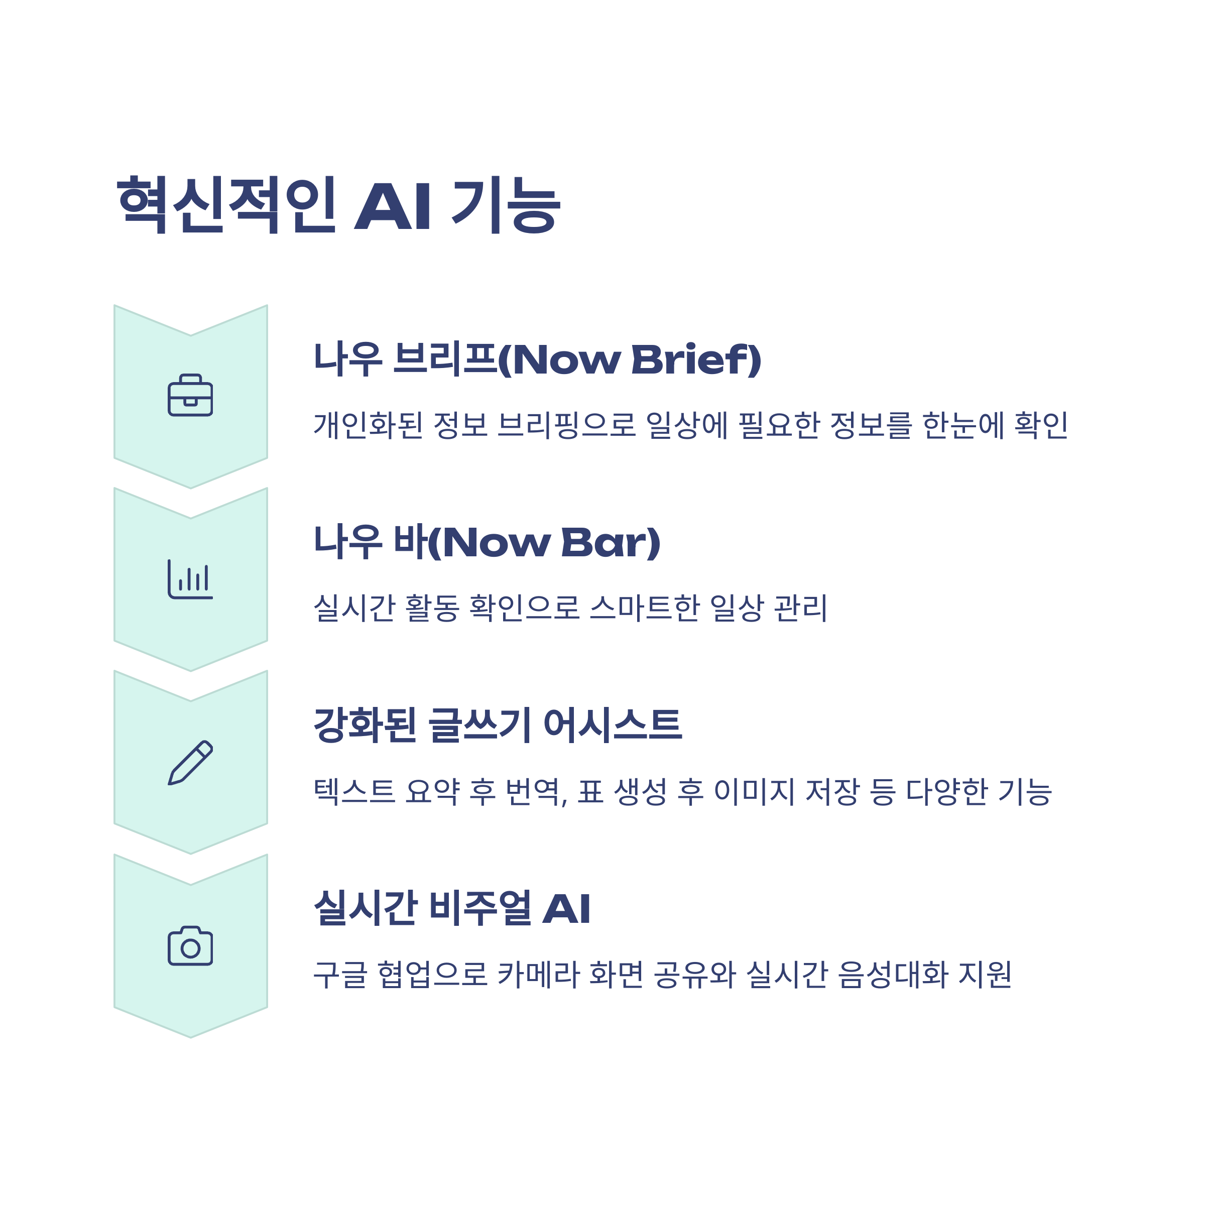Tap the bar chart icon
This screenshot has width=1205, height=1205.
tap(190, 579)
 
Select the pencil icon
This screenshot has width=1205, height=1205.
tap(190, 762)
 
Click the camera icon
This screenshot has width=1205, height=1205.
tap(190, 946)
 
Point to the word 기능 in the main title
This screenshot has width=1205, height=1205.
tap(506, 204)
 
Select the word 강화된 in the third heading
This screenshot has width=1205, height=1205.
tap(365, 726)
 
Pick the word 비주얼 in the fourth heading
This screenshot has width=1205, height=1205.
tap(480, 909)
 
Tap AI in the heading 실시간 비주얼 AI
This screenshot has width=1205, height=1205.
tap(566, 909)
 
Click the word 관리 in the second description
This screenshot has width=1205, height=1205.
tap(801, 608)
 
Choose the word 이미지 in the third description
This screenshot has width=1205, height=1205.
tap(754, 791)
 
